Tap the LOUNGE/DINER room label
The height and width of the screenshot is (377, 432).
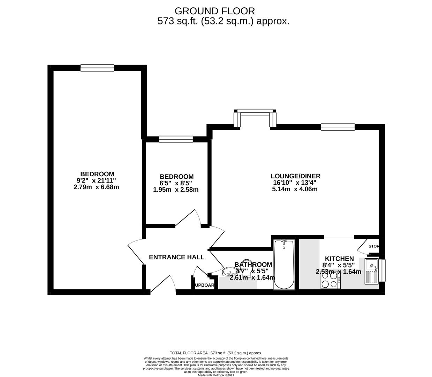click(295, 176)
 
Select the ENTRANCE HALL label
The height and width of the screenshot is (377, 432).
click(176, 257)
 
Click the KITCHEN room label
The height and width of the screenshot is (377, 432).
click(339, 259)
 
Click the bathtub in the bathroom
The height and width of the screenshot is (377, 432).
click(284, 264)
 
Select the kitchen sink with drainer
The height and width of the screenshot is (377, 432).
click(371, 271)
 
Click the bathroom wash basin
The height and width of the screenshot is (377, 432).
click(229, 271)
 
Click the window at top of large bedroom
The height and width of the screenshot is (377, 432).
click(97, 68)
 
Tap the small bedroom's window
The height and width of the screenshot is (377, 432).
click(176, 139)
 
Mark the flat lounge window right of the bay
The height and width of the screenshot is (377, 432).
click(338, 127)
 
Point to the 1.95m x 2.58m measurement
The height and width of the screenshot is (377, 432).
click(176, 190)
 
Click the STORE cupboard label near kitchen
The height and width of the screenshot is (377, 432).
click(373, 246)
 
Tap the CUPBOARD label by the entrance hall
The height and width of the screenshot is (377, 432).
click(204, 285)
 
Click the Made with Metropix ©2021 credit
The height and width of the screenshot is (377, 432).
click(216, 375)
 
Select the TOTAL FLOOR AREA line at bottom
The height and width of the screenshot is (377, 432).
click(216, 353)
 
